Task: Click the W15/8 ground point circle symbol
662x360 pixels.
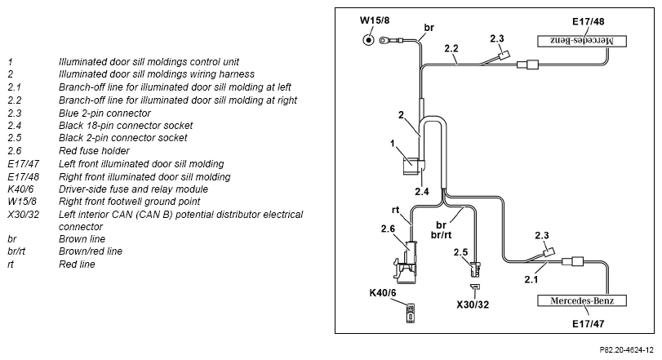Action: pos(369,40)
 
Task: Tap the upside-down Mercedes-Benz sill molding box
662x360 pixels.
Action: pos(582,41)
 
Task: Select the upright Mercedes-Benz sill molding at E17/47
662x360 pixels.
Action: pos(582,301)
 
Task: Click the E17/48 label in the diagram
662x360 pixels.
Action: pos(588,21)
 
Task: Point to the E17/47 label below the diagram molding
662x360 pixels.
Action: pos(588,324)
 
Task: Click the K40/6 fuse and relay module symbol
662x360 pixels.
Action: pos(411,313)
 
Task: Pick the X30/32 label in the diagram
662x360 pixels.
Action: pos(473,304)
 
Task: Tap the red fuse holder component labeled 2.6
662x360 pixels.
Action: pos(406,262)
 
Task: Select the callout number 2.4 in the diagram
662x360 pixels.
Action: pos(422,192)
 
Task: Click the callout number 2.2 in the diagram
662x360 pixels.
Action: pos(451,48)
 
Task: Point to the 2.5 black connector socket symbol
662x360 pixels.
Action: pos(475,269)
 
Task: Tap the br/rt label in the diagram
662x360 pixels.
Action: pos(441,234)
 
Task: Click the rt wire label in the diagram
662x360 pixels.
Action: pos(395,210)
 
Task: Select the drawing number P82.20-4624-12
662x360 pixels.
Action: pos(627,350)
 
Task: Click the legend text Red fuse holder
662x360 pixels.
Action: pos(94,151)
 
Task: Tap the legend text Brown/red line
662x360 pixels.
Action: pos(91,251)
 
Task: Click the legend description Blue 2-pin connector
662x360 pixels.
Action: pos(104,113)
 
